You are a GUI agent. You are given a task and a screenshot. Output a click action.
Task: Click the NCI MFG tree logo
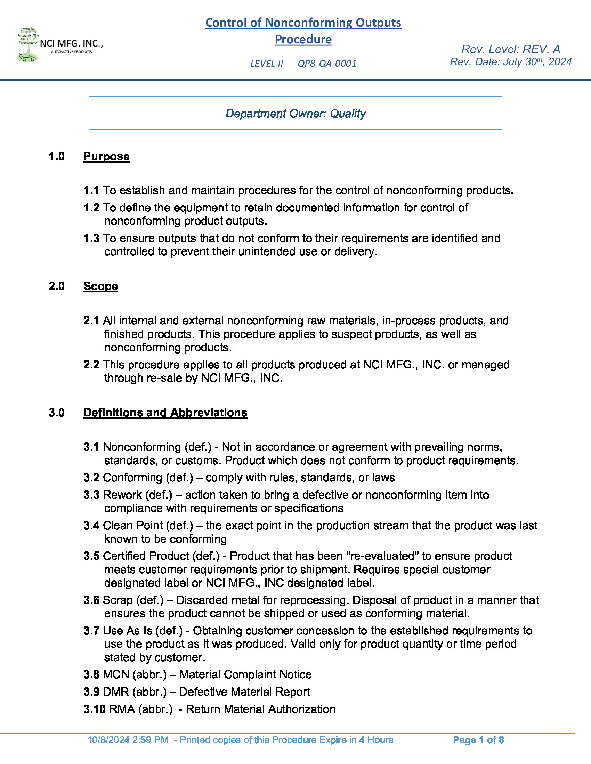tap(28, 45)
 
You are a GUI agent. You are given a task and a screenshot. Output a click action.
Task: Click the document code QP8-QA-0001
tap(327, 64)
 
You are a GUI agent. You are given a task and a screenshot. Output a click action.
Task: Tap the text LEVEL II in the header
tap(266, 64)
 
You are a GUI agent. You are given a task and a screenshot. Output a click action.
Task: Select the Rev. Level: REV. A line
tap(510, 49)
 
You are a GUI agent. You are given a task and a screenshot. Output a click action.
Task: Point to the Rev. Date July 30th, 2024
tap(510, 62)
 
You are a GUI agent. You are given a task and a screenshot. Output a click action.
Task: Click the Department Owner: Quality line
tap(295, 113)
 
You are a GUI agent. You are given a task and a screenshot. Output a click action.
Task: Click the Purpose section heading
tap(106, 156)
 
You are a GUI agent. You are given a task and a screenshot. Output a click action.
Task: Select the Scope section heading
tap(100, 286)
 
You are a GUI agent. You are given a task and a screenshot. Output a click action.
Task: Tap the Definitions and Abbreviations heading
tap(165, 413)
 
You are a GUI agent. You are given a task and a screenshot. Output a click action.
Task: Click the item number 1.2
tap(91, 208)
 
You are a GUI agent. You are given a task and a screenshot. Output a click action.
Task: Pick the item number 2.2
tap(91, 365)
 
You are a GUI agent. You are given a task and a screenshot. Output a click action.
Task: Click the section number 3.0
tap(57, 413)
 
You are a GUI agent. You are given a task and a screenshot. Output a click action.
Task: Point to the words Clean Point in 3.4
tap(133, 525)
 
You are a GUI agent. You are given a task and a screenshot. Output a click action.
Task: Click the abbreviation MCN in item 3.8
tap(116, 674)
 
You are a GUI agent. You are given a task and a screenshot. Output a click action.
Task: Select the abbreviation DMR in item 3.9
tap(116, 691)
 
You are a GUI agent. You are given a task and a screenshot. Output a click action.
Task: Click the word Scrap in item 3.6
tap(118, 600)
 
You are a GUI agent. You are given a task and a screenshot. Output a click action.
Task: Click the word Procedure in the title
tap(303, 39)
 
